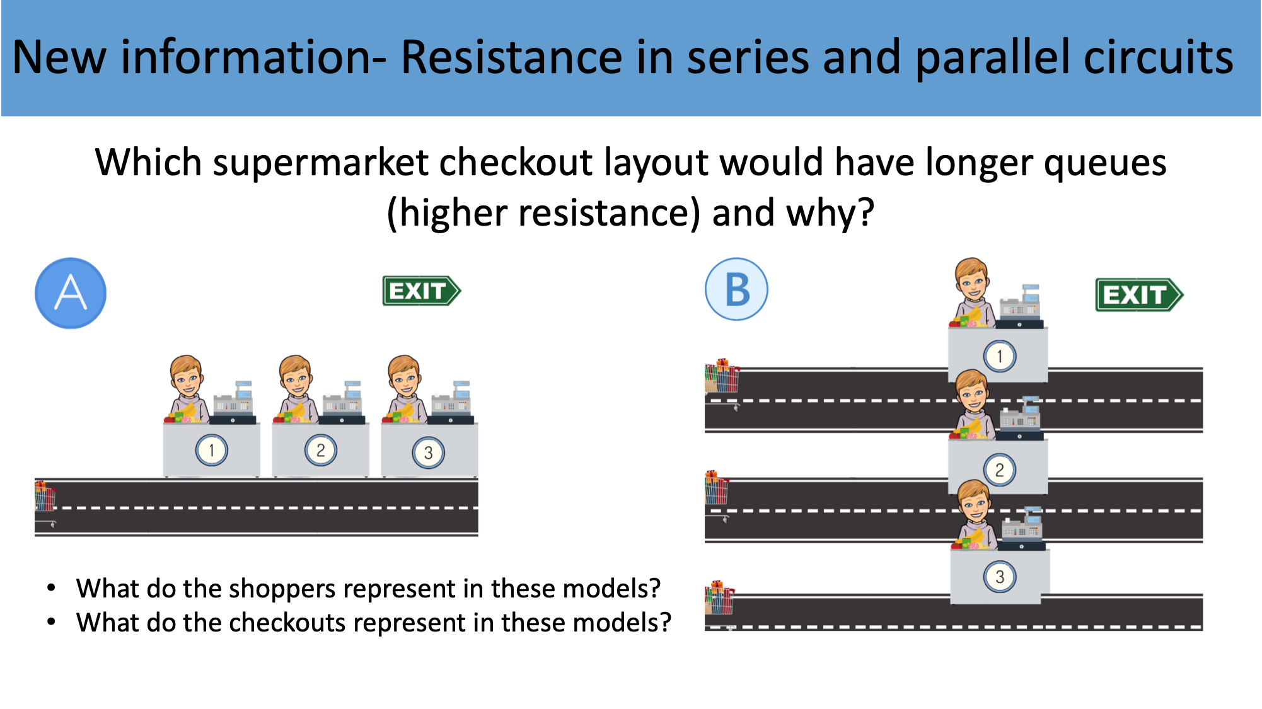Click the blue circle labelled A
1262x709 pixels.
71,293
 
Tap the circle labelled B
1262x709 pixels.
736,290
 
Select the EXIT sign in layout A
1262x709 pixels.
421,291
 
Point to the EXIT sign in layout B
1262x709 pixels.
1138,295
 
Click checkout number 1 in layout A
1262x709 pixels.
211,450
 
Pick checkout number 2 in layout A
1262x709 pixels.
320,451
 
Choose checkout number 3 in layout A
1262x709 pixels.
429,452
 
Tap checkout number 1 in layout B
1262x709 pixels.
999,356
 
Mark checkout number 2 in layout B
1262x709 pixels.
999,470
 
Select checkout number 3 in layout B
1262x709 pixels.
999,577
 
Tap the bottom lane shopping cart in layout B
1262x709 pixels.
720,599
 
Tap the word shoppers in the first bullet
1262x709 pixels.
291,588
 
